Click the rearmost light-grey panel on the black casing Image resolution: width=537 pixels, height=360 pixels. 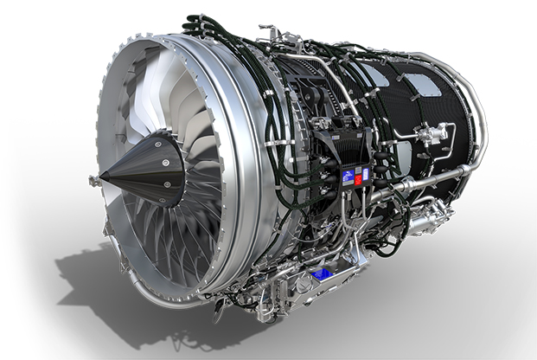coord(422,85)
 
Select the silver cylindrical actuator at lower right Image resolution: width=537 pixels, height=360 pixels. coord(424,221)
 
